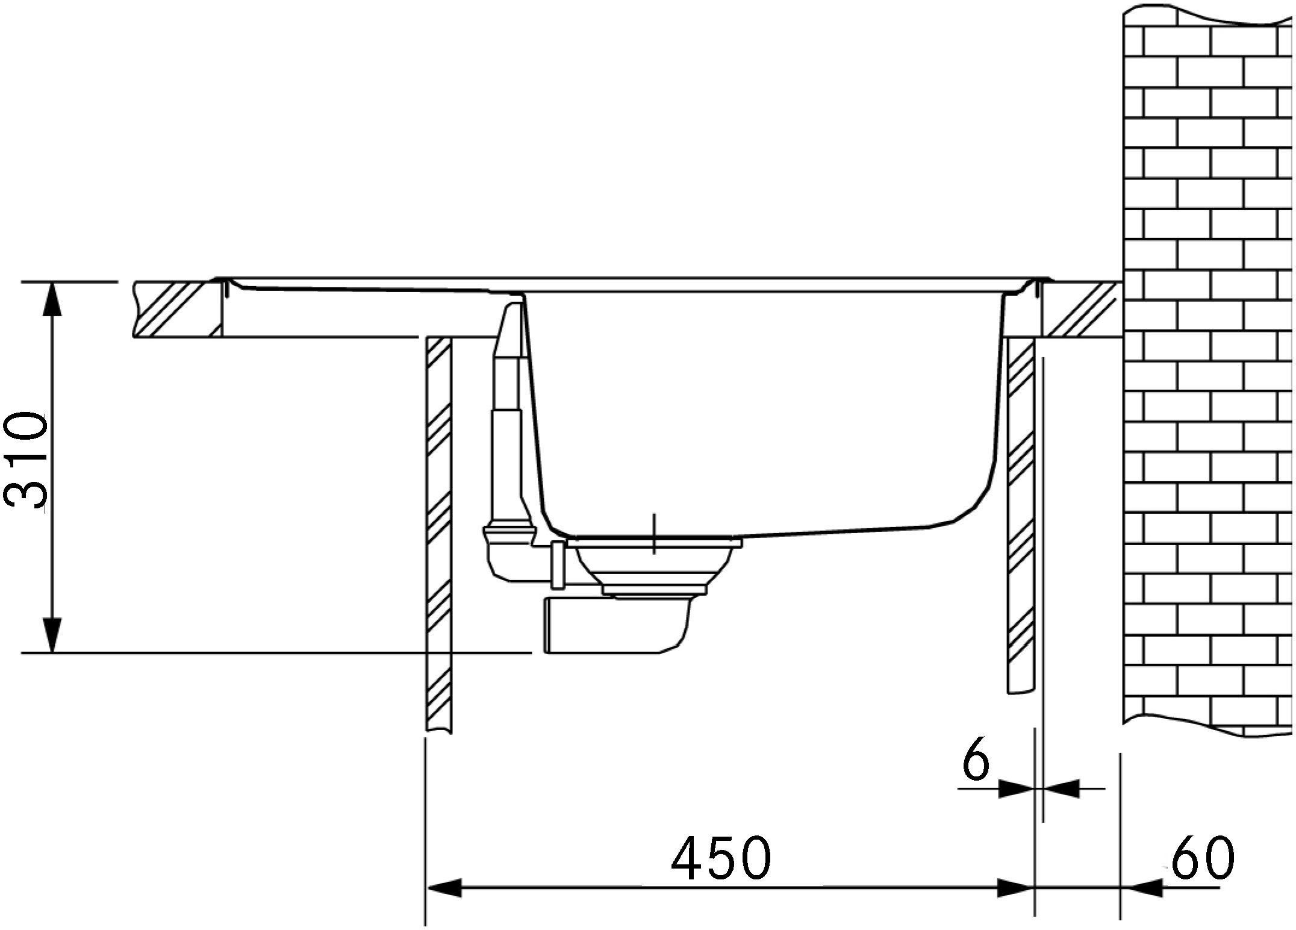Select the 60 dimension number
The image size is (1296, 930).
click(x=1202, y=857)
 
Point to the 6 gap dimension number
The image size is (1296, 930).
click(x=976, y=762)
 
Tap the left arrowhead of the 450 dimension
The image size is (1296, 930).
click(x=444, y=887)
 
